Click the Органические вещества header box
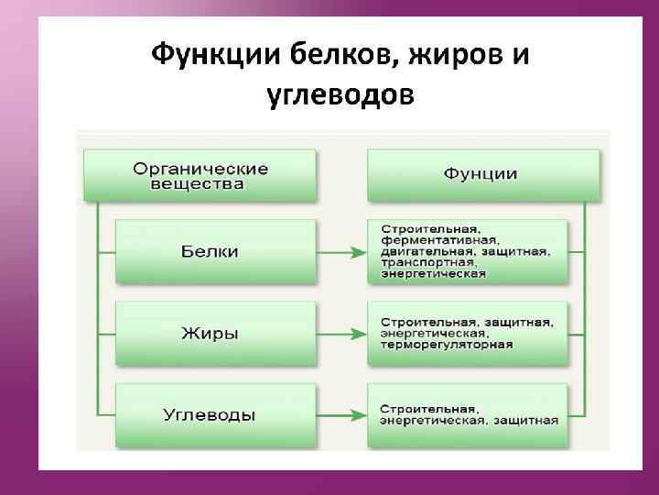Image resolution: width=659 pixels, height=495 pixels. coord(200,176)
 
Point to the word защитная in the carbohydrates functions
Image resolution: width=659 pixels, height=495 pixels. coord(524,421)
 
